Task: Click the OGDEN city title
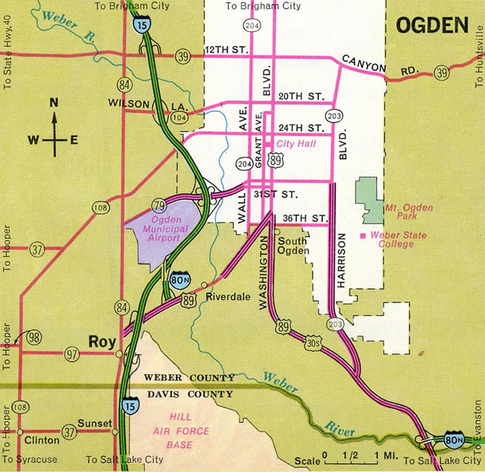tap(433, 26)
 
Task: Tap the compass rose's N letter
tap(53, 104)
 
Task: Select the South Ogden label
tap(293, 247)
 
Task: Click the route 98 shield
tap(33, 336)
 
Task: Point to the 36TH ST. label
tap(304, 218)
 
